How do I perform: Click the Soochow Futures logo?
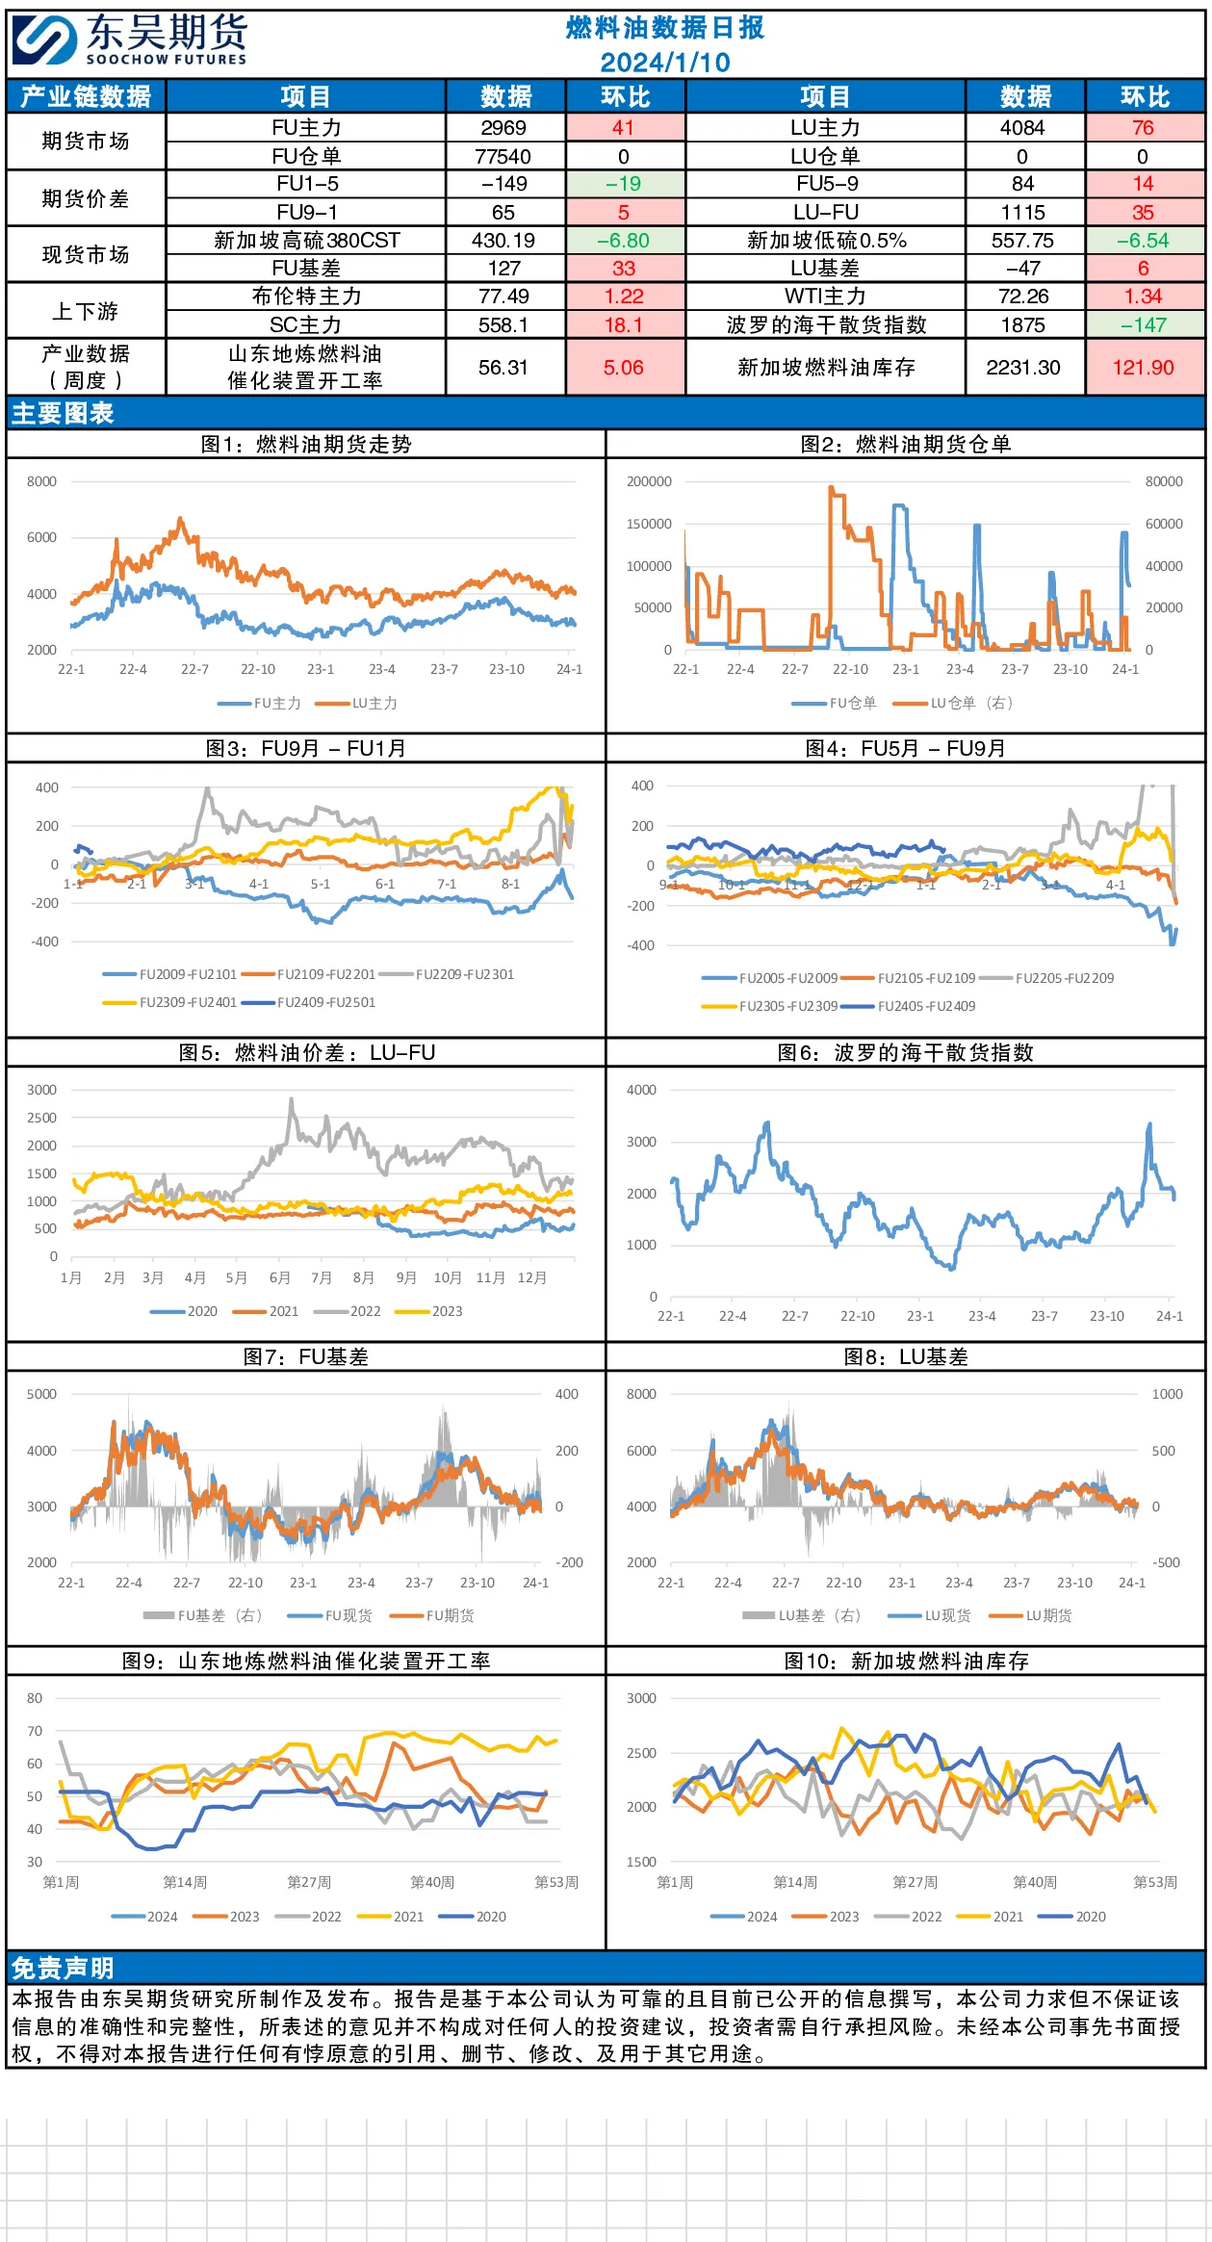pyautogui.click(x=130, y=40)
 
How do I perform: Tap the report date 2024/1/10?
pyautogui.click(x=665, y=63)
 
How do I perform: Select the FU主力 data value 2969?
pyautogui.click(x=503, y=128)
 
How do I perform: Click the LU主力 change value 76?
pyautogui.click(x=1143, y=128)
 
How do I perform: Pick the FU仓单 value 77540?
pyautogui.click(x=503, y=156)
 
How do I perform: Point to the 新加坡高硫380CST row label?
pyautogui.click(x=307, y=241)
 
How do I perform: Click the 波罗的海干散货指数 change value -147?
pyautogui.click(x=1143, y=325)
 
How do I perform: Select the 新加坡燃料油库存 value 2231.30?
pyautogui.click(x=1023, y=368)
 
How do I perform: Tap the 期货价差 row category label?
pyautogui.click(x=86, y=198)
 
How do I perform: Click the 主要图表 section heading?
pyautogui.click(x=63, y=414)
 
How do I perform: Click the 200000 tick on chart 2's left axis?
pyautogui.click(x=649, y=481)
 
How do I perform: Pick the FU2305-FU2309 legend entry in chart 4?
pyautogui.click(x=770, y=1006)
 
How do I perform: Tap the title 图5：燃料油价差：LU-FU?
pyautogui.click(x=307, y=1052)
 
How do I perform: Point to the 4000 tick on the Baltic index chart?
pyautogui.click(x=641, y=1090)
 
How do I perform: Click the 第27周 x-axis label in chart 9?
pyautogui.click(x=309, y=1882)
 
